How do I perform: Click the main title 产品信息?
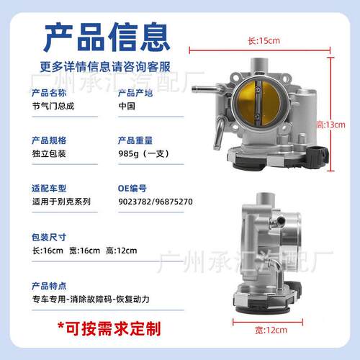(x=107, y=37)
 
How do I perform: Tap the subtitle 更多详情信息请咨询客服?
(x=105, y=67)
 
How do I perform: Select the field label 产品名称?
(x=49, y=93)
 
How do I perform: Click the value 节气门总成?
(x=53, y=106)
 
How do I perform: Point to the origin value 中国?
(x=127, y=106)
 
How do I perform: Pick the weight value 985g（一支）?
(x=144, y=153)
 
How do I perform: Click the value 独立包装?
(x=49, y=153)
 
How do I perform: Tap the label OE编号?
(x=132, y=189)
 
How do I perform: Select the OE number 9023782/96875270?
(x=156, y=202)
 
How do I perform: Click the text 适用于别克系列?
(x=61, y=202)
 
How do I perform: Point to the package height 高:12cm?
(x=122, y=251)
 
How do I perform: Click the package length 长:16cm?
(x=48, y=251)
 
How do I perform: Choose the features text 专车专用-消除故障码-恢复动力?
(x=91, y=300)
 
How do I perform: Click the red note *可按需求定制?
(x=109, y=328)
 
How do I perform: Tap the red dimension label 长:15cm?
(x=264, y=40)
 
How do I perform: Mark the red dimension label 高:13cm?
(x=331, y=125)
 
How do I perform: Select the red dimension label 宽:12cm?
(x=271, y=330)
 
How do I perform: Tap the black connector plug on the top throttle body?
(x=318, y=155)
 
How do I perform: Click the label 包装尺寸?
(x=49, y=237)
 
